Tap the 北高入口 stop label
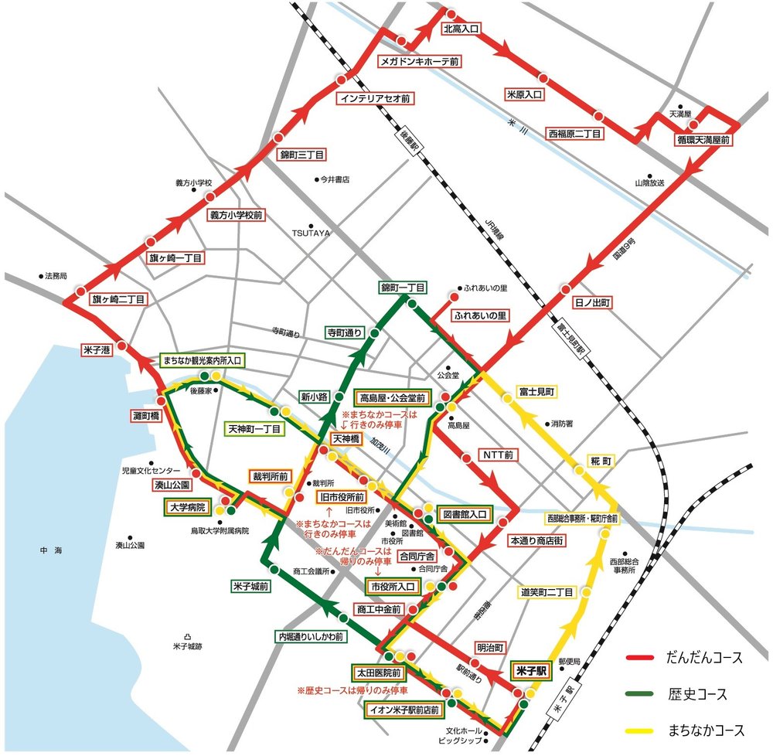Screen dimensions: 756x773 [x=461, y=28]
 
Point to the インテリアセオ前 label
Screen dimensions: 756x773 [x=376, y=99]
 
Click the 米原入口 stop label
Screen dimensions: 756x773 [x=525, y=94]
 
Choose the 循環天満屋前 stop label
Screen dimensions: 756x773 [x=703, y=141]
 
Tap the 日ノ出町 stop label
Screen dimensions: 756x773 [x=591, y=303]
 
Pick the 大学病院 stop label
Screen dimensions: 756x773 [x=188, y=508]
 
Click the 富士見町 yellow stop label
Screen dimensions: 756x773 [x=537, y=393]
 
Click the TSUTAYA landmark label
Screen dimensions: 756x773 [x=311, y=233]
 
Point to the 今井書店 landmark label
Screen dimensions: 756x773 [x=335, y=179]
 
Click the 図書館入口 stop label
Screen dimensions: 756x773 [x=463, y=513]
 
